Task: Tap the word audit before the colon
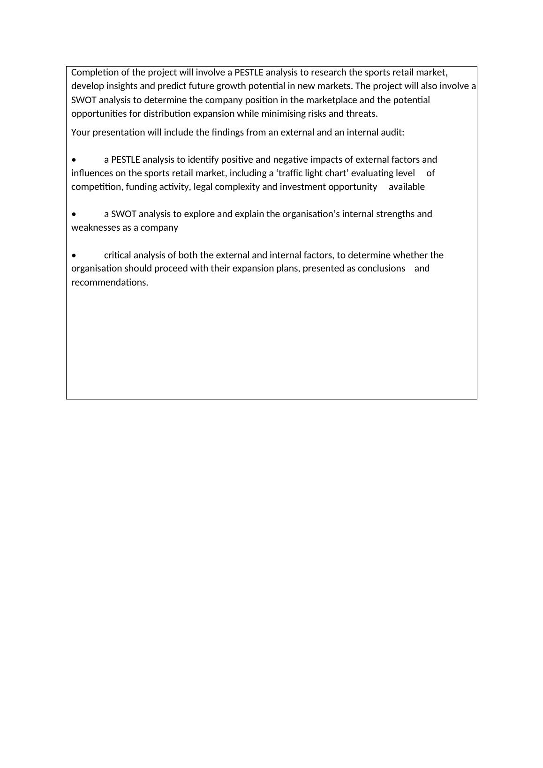point(392,133)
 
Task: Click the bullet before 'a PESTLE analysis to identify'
point(74,160)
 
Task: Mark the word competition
point(97,187)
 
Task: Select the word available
point(407,187)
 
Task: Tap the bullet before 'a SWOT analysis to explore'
point(74,214)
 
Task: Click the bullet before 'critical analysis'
point(74,256)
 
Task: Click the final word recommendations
point(109,283)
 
